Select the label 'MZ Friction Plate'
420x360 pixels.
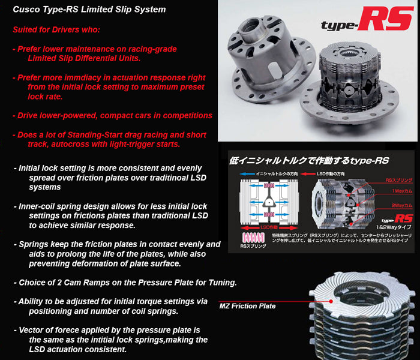point(247,306)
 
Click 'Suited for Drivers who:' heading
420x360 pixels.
point(56,29)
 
